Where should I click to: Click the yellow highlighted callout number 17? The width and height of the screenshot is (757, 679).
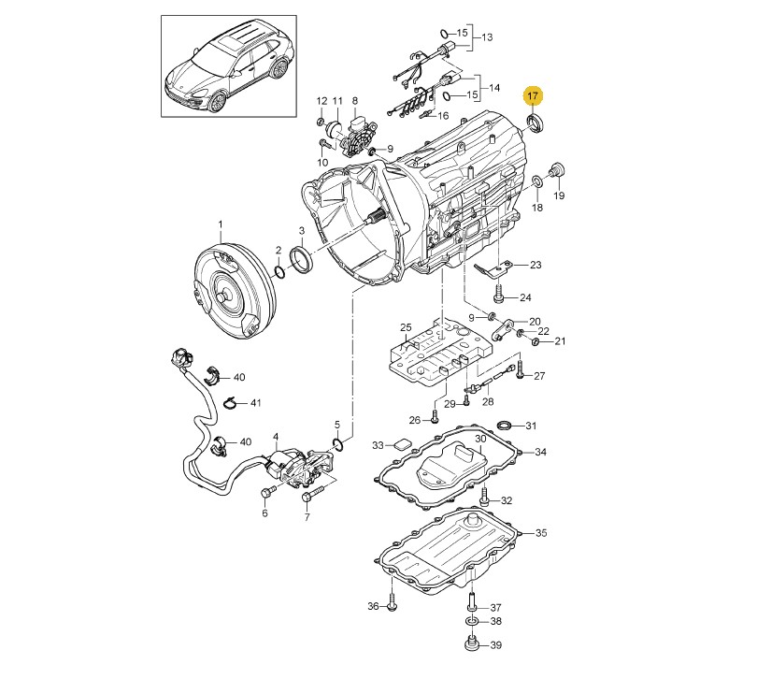tap(533, 96)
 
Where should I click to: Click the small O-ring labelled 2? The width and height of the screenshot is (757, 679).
tap(279, 272)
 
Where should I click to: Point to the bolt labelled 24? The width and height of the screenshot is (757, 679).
tap(499, 294)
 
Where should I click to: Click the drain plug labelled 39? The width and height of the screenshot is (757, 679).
tap(471, 644)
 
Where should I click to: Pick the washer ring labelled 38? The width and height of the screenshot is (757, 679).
tap(472, 621)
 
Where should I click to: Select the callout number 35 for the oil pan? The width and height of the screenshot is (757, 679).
tap(541, 532)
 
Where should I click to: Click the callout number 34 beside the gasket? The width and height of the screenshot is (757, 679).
tap(541, 452)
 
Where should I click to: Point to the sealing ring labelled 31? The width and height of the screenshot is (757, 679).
tap(504, 426)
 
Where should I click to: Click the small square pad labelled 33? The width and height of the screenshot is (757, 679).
tap(402, 444)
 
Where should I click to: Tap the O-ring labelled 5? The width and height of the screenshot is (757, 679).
tap(338, 444)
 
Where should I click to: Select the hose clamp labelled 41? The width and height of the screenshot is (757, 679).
tap(232, 403)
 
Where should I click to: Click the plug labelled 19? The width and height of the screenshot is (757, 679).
tap(557, 170)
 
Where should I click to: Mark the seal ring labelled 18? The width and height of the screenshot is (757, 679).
tap(536, 181)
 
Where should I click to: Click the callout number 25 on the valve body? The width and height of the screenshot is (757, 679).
tap(406, 327)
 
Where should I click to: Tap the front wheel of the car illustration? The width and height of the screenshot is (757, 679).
tap(216, 102)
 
